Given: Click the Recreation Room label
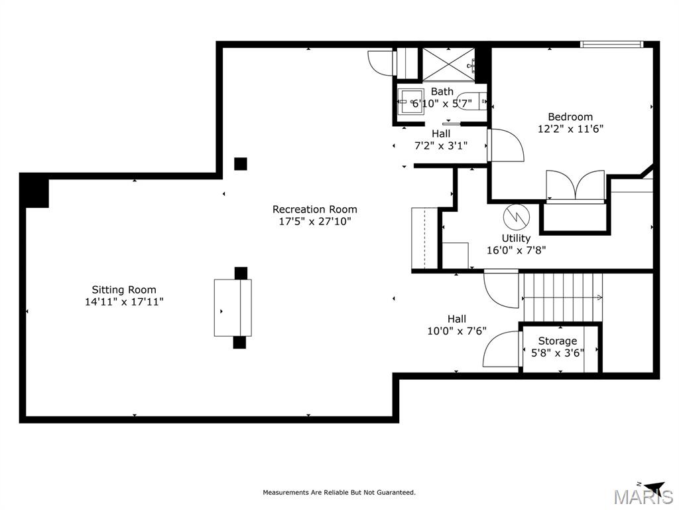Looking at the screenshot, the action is (x=315, y=209).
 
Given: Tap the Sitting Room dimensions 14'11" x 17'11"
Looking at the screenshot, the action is (x=124, y=302).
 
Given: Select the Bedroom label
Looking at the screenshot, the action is (x=570, y=117).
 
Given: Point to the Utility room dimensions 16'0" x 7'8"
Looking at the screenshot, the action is (x=516, y=250).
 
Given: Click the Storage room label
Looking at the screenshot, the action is (x=557, y=341).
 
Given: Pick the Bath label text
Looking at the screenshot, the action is (x=442, y=92).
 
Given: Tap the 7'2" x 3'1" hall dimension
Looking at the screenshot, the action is (x=441, y=145).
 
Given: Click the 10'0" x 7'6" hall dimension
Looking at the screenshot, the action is (x=457, y=331).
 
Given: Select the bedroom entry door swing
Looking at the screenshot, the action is (x=505, y=145).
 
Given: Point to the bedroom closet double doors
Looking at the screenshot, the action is (x=576, y=186).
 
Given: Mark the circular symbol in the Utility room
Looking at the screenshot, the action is (x=517, y=217).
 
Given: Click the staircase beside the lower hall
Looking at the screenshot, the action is (x=563, y=297).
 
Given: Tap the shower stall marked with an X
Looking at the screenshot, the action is (x=449, y=64).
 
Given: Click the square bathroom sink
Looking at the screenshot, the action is (x=411, y=102).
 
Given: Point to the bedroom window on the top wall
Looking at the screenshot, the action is (x=611, y=44).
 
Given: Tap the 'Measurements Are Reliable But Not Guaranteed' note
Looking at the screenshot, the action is (x=339, y=492).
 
